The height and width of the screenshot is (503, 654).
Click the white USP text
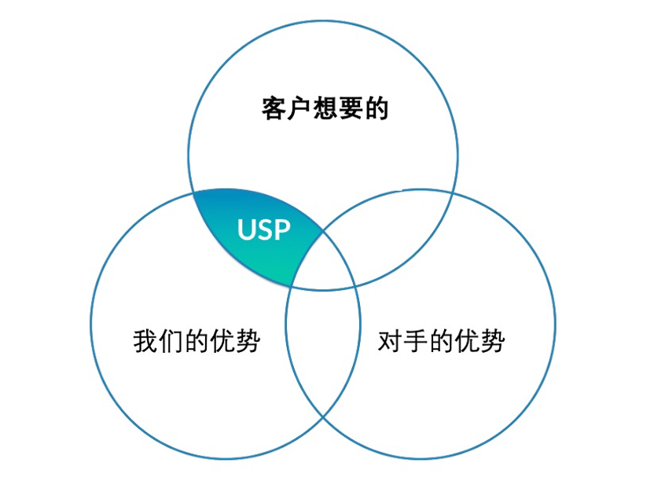pos(264,229)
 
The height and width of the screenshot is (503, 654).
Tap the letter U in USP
pos(247,229)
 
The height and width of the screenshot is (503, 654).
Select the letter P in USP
pos(282,229)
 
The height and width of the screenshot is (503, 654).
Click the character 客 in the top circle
pos(274,108)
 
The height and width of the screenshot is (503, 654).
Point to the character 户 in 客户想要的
pos(299,108)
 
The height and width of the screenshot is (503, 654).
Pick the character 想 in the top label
pos(325,108)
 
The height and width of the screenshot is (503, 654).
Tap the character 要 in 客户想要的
pos(351,108)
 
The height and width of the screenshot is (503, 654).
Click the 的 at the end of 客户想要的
pos(377,108)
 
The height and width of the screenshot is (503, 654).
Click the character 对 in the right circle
pos(391,341)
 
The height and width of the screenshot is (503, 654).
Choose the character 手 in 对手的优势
pos(416,341)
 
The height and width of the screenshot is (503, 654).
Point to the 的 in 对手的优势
pos(442,341)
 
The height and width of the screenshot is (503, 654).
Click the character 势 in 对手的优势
pos(493,341)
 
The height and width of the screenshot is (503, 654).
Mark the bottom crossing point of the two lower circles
pos(323,417)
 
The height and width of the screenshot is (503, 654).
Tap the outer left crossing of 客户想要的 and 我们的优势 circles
pos(193,191)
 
